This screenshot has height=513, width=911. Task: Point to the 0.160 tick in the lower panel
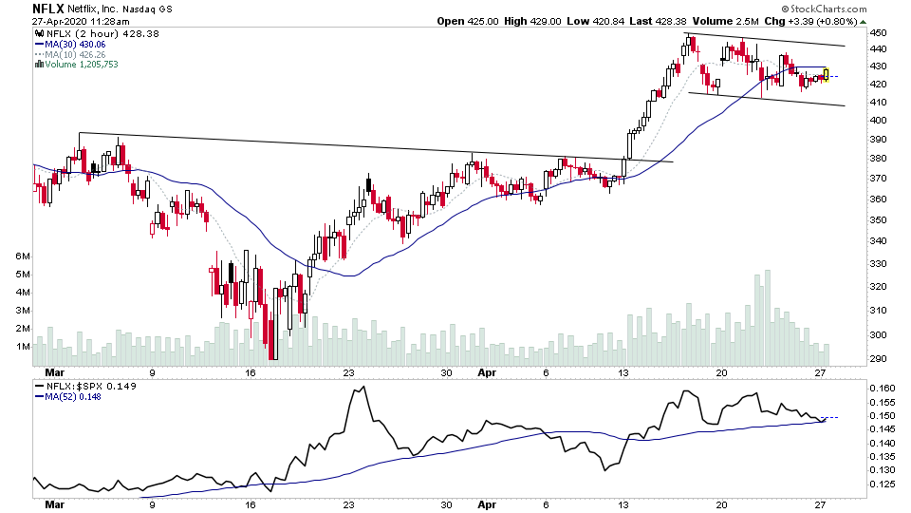click(882, 389)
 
